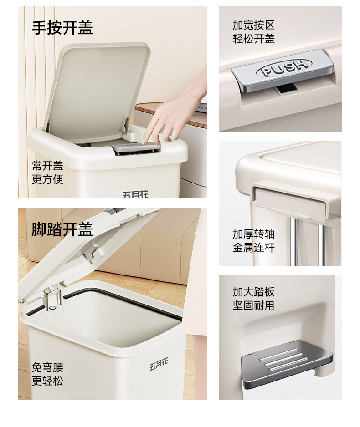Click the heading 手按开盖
point(62,28)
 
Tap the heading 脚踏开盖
point(62,229)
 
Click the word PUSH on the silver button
point(284,67)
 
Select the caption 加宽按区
point(254,25)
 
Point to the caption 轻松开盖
point(254,39)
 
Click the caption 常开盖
point(48,166)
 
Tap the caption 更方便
point(48,179)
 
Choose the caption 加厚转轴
point(254,234)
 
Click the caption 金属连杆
point(254,248)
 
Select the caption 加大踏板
point(254,292)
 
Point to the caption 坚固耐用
point(254,305)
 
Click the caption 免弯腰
point(48,367)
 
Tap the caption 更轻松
point(48,381)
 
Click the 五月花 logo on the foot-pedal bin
point(159,364)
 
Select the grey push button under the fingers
point(136,147)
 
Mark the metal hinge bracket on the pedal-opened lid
point(52,297)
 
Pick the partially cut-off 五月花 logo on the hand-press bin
point(135,194)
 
